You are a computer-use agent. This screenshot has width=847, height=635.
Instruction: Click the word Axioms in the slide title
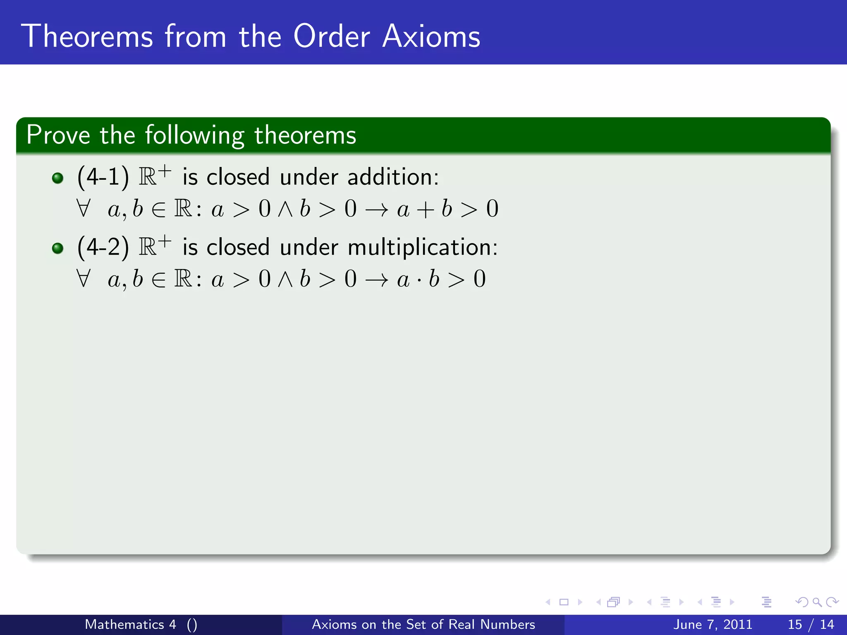(431, 36)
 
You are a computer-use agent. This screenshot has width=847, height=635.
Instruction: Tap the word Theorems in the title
(87, 36)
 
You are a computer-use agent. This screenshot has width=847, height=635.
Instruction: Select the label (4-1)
(103, 177)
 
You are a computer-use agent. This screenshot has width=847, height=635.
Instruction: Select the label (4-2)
(103, 247)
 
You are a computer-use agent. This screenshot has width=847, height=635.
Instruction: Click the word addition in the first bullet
(393, 177)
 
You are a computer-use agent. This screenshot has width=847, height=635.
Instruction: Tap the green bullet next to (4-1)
(58, 178)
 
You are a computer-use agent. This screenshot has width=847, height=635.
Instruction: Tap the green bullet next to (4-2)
(58, 248)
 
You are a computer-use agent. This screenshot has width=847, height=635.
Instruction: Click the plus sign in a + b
(426, 210)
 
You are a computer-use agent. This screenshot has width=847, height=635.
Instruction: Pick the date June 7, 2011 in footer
(713, 624)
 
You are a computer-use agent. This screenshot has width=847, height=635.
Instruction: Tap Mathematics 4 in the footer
(131, 624)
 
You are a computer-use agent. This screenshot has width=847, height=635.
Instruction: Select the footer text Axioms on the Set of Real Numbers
(423, 624)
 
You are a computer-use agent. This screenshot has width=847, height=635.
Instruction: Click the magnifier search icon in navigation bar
(817, 602)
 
